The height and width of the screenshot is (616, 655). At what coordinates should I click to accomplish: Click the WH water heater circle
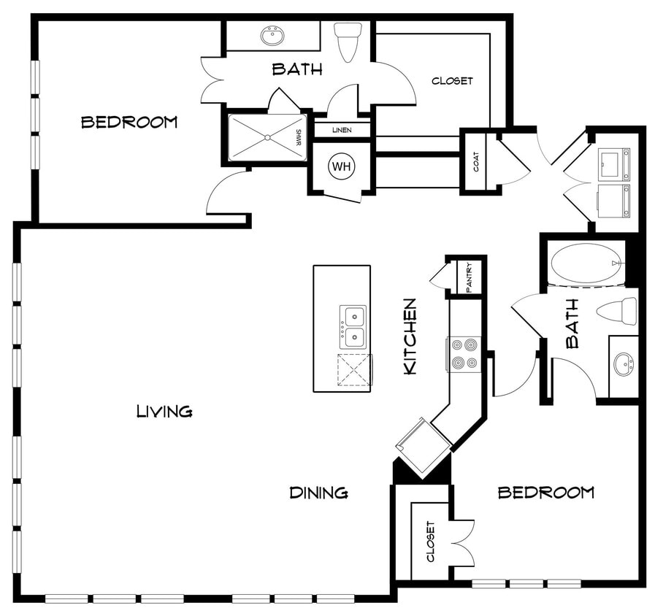[342, 166]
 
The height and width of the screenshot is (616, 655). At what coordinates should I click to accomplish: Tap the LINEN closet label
[342, 130]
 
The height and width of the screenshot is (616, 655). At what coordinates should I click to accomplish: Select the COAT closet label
[477, 162]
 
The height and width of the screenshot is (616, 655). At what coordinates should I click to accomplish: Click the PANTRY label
[470, 277]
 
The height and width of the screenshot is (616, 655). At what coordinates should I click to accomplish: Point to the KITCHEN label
[410, 336]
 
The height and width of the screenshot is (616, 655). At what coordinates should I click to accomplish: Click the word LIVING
[164, 412]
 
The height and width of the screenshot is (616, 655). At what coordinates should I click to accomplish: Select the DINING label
[318, 493]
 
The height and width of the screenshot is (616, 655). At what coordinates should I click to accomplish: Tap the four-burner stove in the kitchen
[464, 353]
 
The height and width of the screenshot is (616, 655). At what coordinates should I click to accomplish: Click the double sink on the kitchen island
[353, 326]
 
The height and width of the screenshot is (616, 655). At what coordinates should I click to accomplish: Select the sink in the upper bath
[273, 35]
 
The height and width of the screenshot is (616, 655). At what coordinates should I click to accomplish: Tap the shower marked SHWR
[267, 137]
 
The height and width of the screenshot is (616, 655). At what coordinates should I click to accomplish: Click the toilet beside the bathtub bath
[617, 311]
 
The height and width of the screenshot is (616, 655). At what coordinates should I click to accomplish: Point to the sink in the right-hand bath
[623, 363]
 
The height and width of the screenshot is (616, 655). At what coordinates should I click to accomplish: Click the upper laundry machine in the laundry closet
[613, 164]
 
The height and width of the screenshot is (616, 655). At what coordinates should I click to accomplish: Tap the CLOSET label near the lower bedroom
[430, 542]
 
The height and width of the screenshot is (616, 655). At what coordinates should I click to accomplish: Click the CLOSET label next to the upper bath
[452, 81]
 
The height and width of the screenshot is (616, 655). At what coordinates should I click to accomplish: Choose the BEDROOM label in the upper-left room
[129, 122]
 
